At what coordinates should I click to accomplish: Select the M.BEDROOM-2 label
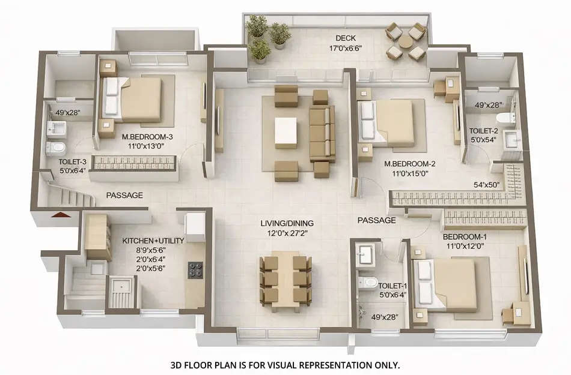click(409, 164)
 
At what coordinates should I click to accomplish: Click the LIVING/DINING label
click(287, 224)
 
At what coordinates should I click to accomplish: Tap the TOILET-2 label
click(484, 130)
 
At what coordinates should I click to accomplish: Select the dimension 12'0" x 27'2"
click(287, 233)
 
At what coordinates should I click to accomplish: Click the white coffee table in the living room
click(285, 132)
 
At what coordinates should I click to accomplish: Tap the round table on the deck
click(406, 41)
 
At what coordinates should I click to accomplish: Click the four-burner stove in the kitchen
click(195, 270)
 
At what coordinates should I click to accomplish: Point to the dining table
click(285, 280)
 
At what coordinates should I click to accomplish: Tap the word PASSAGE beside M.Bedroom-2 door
click(377, 220)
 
